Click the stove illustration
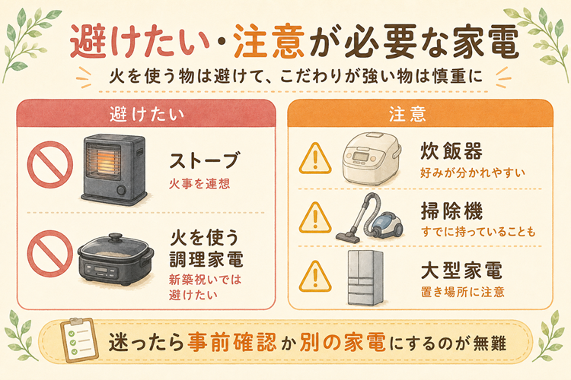(114, 169)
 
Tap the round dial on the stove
(121, 190)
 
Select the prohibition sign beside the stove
(50, 164)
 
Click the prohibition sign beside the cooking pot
(50, 253)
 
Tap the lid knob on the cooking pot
(116, 237)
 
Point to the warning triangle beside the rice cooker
(315, 159)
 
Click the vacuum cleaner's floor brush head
(348, 236)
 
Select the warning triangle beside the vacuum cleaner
(315, 218)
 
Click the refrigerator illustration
(365, 277)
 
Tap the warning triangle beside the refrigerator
(315, 277)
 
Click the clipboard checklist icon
(79, 340)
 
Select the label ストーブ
(205, 160)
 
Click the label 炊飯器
(451, 151)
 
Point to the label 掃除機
(451, 211)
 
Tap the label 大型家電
(461, 271)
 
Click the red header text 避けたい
(147, 114)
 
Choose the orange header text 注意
(407, 114)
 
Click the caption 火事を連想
(199, 184)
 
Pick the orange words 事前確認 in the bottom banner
(232, 342)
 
